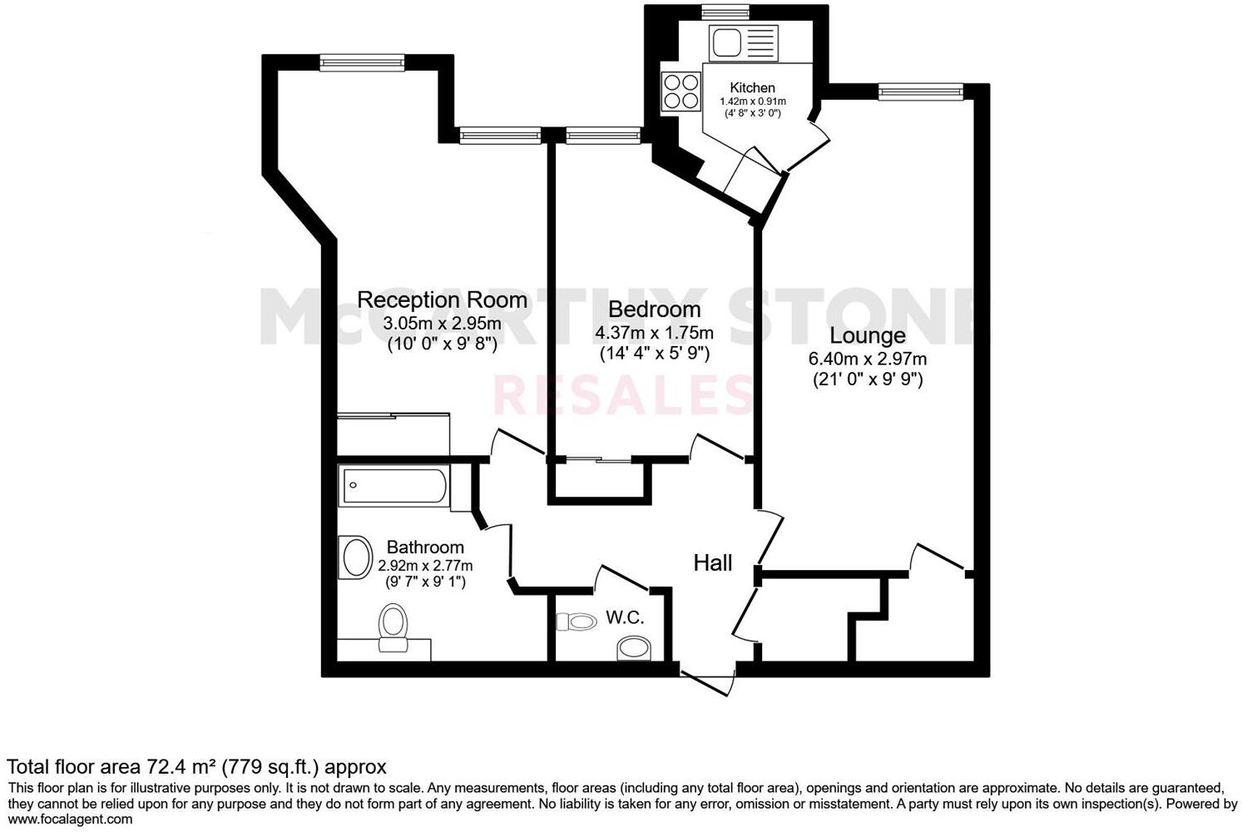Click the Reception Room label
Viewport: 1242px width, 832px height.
(442, 300)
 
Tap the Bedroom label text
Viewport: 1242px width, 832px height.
(654, 310)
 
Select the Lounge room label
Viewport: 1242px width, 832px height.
(867, 336)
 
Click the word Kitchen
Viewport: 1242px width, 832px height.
(752, 88)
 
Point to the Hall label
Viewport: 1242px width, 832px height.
(713, 563)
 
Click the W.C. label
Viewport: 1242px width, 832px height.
(625, 617)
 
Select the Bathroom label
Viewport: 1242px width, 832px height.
(425, 547)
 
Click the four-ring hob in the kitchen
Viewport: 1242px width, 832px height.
(680, 92)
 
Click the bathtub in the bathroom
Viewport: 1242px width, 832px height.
(393, 487)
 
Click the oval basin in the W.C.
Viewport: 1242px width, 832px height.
(635, 648)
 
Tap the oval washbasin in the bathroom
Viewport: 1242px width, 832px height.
(356, 557)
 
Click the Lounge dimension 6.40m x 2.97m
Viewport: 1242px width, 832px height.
(867, 359)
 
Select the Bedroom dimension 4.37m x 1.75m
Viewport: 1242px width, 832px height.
(654, 333)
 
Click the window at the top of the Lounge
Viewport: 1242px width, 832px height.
(920, 92)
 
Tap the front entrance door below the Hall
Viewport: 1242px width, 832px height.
(708, 678)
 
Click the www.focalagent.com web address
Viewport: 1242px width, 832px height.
(70, 819)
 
